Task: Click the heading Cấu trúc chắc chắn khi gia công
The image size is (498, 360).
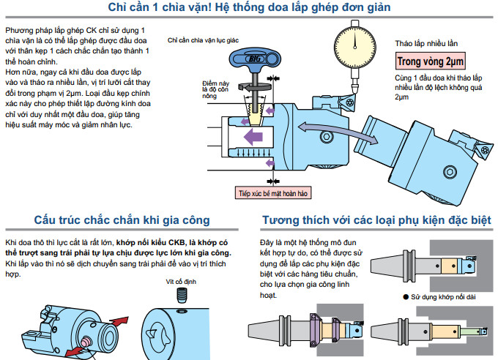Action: pyautogui.click(x=122, y=220)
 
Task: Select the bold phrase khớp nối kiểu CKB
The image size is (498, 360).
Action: pyautogui.click(x=150, y=241)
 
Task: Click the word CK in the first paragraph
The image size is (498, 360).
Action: pyautogui.click(x=80, y=30)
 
